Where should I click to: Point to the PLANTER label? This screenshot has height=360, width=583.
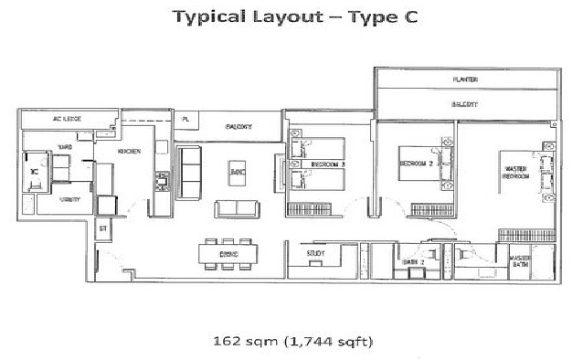465,79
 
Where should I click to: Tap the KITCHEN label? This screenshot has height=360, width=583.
128,153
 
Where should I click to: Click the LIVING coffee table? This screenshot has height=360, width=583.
238,171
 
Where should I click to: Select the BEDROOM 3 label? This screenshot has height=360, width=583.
326,164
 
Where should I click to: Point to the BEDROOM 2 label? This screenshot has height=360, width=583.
415,163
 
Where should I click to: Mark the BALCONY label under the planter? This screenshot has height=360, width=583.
465,106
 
